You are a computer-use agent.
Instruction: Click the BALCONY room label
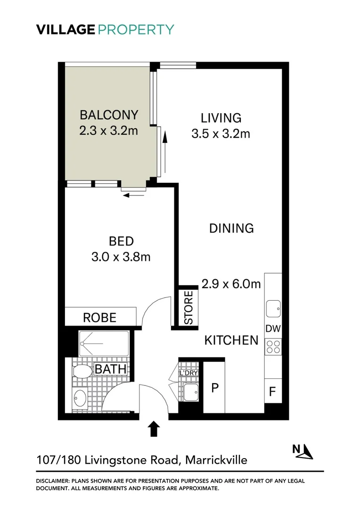click(x=109, y=115)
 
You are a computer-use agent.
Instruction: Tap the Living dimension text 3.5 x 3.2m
click(x=221, y=134)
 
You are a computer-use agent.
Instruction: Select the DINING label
click(x=231, y=228)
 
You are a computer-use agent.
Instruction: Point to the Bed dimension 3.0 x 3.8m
click(x=121, y=257)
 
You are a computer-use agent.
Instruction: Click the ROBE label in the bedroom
click(x=99, y=317)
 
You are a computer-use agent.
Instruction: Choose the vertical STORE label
click(x=188, y=308)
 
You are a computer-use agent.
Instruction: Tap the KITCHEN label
click(x=231, y=340)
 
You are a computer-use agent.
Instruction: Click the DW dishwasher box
click(x=273, y=329)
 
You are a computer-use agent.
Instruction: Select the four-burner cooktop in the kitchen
click(x=273, y=347)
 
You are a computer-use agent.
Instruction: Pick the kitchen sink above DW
click(x=273, y=309)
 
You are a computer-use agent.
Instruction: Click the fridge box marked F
click(x=272, y=391)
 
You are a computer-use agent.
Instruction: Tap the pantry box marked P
click(x=215, y=388)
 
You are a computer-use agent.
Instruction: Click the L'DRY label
click(x=188, y=374)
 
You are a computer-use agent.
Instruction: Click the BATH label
click(x=111, y=369)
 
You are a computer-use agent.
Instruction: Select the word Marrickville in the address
click(x=216, y=460)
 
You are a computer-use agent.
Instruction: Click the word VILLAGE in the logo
click(x=65, y=29)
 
